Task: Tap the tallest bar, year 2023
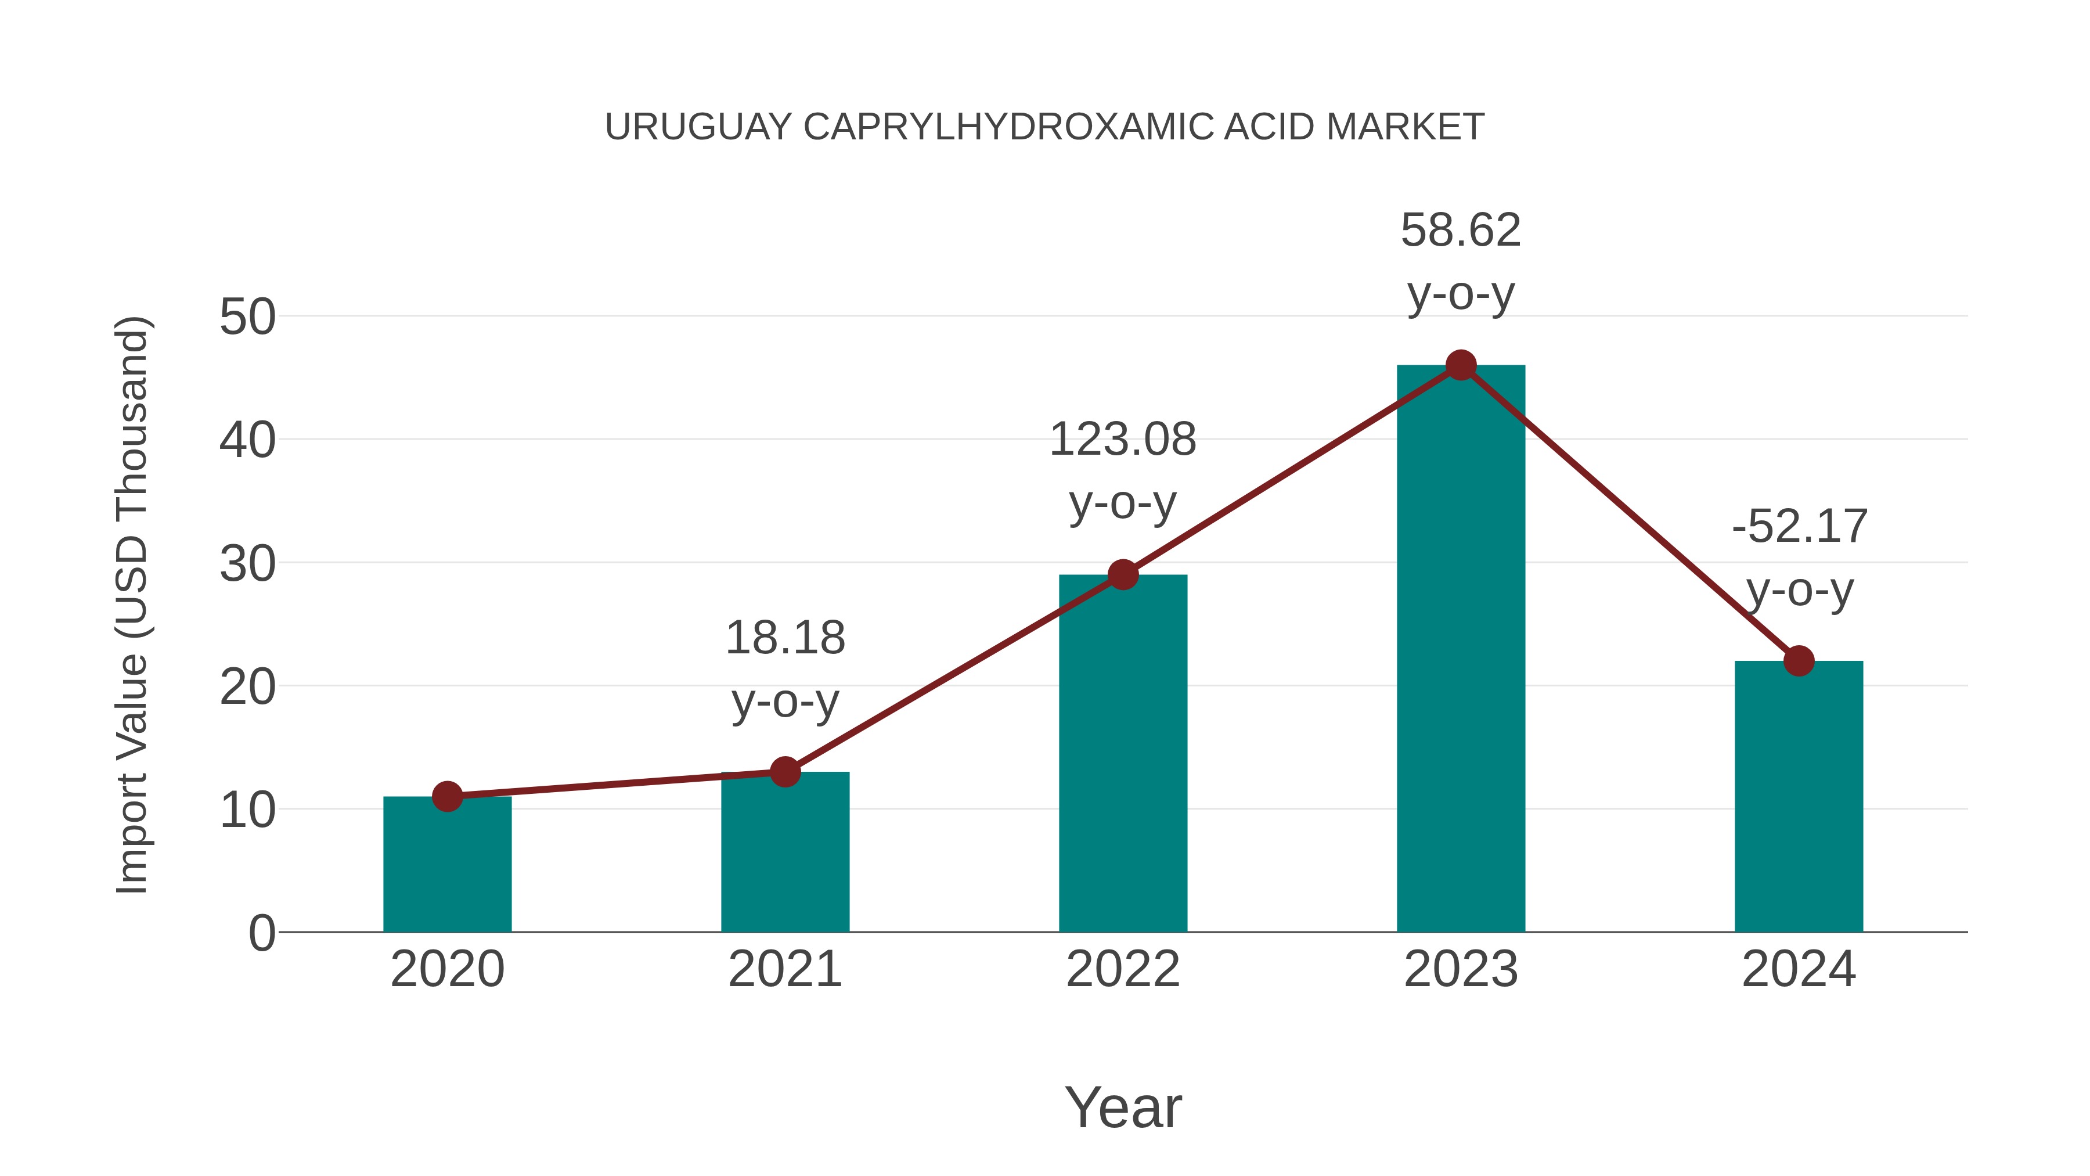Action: coord(1461,649)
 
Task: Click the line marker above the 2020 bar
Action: coord(447,796)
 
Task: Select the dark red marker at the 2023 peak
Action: coord(1461,365)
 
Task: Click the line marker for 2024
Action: coord(1799,661)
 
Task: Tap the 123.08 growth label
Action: coord(1123,440)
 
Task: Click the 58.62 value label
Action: coord(1461,231)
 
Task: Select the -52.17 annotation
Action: coord(1799,527)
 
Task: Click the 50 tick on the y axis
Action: coord(247,317)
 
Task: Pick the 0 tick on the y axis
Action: coord(261,933)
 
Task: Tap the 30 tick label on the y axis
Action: coord(247,564)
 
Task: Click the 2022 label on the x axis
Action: coord(1123,969)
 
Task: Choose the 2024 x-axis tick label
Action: coord(1799,969)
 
